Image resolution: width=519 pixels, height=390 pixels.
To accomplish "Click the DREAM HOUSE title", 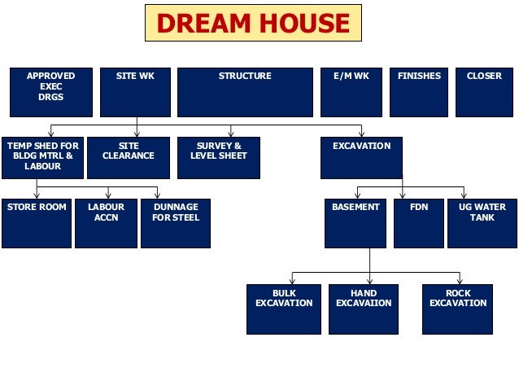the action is coord(252,24).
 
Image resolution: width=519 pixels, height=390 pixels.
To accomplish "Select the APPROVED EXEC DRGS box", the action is coord(50,92).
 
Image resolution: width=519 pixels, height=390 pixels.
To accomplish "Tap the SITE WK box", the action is coord(136,92).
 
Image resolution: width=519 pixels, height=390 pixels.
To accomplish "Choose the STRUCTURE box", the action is coord(245,92).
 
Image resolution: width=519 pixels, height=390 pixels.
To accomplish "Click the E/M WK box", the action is coord(351,92).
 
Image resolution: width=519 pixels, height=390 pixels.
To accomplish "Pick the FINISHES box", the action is coord(419,92).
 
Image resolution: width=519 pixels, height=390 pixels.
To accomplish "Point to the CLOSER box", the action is coord(484,92).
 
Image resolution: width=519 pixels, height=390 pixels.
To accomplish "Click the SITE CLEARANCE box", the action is coord(129,157).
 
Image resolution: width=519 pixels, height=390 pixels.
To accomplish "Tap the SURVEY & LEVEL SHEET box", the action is coord(219,157).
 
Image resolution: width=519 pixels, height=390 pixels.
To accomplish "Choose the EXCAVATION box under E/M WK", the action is coord(361,157).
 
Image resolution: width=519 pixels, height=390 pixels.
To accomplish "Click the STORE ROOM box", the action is coord(37,223).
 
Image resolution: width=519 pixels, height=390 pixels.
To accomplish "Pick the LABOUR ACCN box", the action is coord(106,223).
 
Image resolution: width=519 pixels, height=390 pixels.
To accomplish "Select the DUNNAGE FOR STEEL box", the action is coord(175,223).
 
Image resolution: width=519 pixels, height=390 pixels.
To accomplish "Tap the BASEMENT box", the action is coord(355,223).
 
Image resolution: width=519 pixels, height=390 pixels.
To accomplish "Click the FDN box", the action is coord(418,223).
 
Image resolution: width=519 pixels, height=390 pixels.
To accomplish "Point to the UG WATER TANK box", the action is coord(482,223).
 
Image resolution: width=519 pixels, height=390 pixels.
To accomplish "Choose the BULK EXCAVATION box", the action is coord(283,309).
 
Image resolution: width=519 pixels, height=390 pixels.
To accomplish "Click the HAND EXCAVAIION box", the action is coord(363,309).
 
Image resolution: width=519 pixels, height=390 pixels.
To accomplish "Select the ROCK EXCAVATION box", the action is coord(457,309).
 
